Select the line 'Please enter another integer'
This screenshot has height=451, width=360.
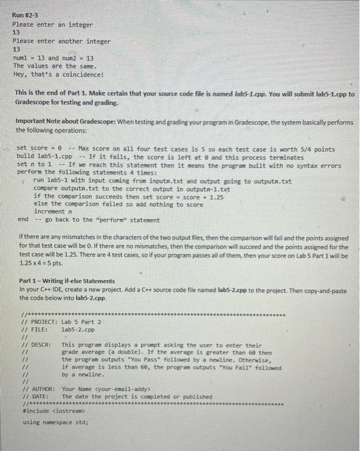pyautogui.click(x=62, y=41)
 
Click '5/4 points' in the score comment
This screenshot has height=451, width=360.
pyautogui.click(x=319, y=149)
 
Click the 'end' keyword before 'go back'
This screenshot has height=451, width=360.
pyautogui.click(x=23, y=219)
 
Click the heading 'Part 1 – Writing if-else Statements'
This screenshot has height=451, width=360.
pyautogui.click(x=67, y=282)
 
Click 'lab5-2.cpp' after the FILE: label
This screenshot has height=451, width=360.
pyautogui.click(x=77, y=329)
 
